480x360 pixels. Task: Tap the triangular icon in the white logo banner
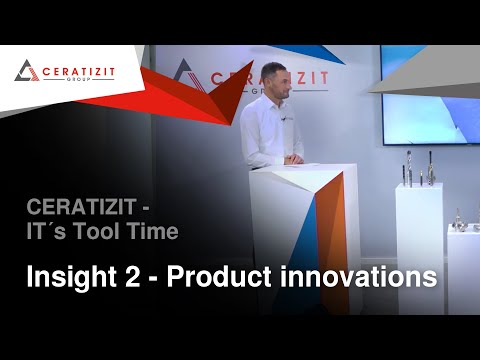click(x=26, y=70)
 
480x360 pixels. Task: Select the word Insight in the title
click(x=69, y=276)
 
